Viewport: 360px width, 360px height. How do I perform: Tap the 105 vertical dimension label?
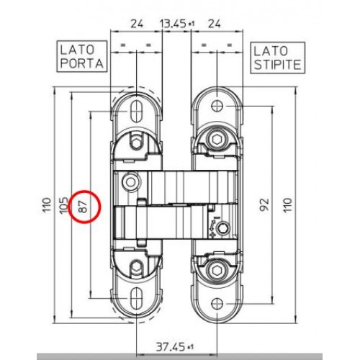pos(63,205)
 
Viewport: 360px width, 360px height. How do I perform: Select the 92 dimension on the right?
pos(264,204)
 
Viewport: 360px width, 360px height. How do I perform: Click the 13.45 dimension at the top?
pos(173,24)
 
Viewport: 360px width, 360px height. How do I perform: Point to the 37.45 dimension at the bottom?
pos(171,347)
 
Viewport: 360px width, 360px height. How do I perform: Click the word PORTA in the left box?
pos(82,63)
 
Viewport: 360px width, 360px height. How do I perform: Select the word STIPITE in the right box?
pos(277,65)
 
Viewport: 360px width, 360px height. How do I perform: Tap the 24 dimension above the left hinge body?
pos(137,24)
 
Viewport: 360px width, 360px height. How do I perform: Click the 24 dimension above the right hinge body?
pos(214,24)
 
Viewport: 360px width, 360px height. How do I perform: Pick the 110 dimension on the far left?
pos(47,204)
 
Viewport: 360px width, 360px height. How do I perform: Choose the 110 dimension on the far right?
pos(288,204)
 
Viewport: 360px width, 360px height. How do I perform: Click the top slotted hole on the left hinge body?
pos(136,111)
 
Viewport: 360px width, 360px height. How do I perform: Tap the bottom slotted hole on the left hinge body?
pos(136,299)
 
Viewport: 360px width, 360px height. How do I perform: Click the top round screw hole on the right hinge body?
pos(217,106)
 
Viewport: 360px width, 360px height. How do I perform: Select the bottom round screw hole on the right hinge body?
pos(217,304)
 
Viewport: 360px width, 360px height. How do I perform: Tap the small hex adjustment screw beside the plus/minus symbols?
pos(222,228)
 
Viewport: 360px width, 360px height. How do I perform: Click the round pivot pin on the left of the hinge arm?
pos(130,182)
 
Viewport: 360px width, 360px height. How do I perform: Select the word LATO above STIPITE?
pos(271,51)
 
